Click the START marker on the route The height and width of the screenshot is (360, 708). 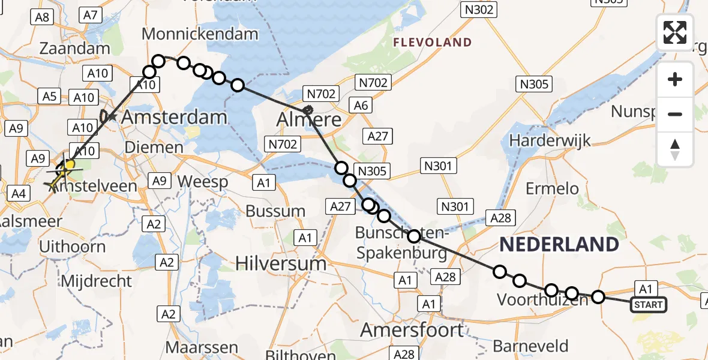(x=649, y=305)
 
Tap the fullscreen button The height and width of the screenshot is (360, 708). (x=675, y=32)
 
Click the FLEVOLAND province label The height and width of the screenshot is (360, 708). (x=432, y=43)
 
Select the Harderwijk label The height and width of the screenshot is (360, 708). (x=550, y=141)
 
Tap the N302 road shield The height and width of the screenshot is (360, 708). (x=478, y=9)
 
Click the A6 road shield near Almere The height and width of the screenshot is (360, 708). (x=361, y=106)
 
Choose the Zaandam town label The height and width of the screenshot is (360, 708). (x=75, y=49)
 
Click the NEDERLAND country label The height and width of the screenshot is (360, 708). (x=559, y=244)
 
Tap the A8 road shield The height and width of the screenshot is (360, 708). (x=41, y=17)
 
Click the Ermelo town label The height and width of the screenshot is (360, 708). (x=552, y=188)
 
